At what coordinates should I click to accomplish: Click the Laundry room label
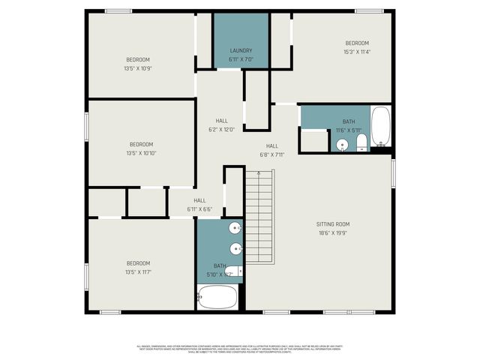(x=241, y=51)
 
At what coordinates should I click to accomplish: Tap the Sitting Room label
(x=332, y=224)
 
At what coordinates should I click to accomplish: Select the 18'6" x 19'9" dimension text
(x=332, y=232)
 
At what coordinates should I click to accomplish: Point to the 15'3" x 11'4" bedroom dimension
(x=357, y=52)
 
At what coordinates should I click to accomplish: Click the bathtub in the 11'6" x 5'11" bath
(x=381, y=128)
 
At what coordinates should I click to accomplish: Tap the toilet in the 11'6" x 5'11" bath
(x=361, y=142)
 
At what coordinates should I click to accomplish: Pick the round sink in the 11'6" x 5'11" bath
(x=343, y=145)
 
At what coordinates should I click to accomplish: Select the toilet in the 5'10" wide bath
(x=232, y=271)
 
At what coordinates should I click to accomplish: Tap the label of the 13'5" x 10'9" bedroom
(x=138, y=60)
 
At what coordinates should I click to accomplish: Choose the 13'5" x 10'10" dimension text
(x=141, y=153)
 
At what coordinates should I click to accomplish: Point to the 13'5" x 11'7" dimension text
(x=138, y=271)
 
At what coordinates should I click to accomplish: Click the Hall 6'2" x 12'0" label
(x=222, y=125)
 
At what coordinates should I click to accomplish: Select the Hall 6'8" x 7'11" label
(x=271, y=151)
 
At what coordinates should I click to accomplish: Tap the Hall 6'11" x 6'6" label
(x=199, y=205)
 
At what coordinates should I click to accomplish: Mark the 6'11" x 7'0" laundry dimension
(x=241, y=60)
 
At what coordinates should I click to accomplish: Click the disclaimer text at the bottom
(x=240, y=349)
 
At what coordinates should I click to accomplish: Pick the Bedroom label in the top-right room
(x=357, y=43)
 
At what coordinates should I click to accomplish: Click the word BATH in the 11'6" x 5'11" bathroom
(x=349, y=121)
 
